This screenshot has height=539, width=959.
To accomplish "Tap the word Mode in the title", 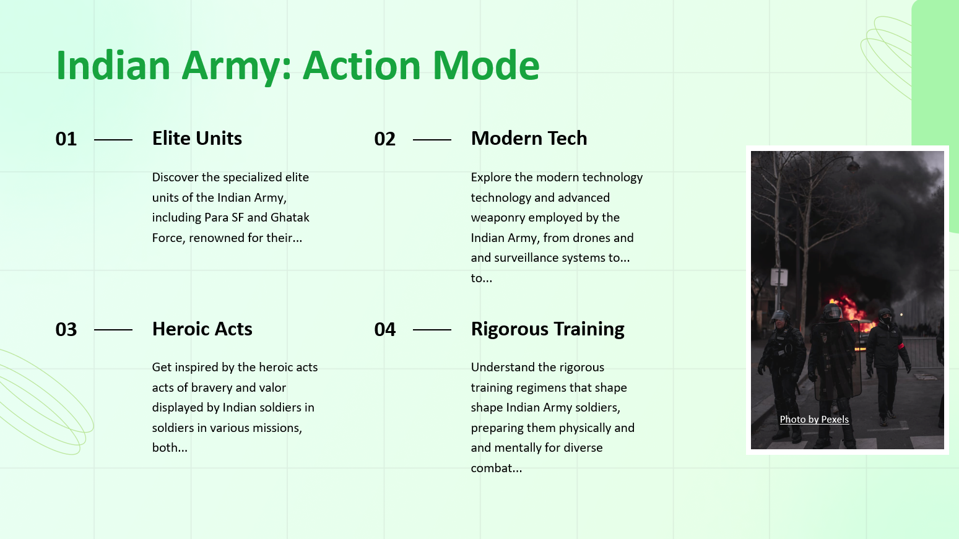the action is click(x=486, y=65).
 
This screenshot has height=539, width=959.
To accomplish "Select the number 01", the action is click(x=66, y=139).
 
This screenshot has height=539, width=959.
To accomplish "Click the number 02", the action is click(x=384, y=139).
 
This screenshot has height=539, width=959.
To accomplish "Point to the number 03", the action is click(x=66, y=329).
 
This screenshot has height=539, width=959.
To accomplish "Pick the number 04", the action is click(x=384, y=329).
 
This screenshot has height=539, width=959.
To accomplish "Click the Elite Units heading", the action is click(x=197, y=138).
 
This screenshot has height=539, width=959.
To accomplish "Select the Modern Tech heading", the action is click(x=529, y=138).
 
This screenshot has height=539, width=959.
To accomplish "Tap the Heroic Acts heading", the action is click(x=202, y=329).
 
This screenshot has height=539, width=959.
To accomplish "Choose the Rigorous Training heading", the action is click(x=547, y=329).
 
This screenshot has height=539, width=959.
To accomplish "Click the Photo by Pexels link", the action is click(x=814, y=419).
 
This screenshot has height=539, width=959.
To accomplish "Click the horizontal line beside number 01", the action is click(x=113, y=139).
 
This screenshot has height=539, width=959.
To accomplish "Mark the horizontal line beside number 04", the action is click(x=432, y=330).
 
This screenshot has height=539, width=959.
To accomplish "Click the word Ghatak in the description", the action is click(x=290, y=217).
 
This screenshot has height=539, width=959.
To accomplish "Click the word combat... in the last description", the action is click(x=496, y=468).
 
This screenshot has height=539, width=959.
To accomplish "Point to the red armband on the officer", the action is click(x=901, y=347).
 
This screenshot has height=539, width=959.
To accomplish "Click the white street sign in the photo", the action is click(x=779, y=277).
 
